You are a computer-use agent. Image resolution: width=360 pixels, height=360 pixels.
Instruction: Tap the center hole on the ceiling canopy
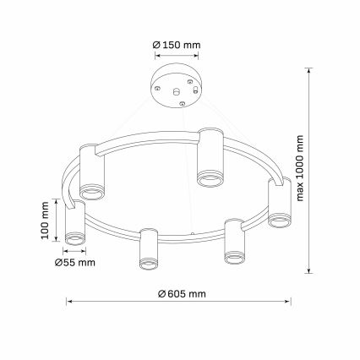(177, 87)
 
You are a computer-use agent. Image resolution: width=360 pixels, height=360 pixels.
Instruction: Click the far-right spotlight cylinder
(280, 203)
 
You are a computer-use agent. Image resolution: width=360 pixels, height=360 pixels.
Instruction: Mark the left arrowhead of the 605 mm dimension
(69, 300)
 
